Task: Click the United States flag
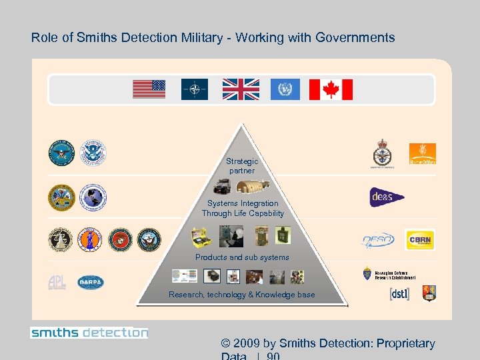149,89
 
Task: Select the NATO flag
195,89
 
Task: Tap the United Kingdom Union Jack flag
241,89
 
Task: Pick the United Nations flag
285,89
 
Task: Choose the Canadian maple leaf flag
331,89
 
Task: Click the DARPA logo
91,282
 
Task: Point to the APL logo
57,283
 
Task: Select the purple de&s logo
387,197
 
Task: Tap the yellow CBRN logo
420,239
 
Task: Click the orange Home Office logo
423,153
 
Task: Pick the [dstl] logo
399,293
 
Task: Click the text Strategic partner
241,166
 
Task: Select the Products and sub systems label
242,257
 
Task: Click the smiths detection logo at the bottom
89,332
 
